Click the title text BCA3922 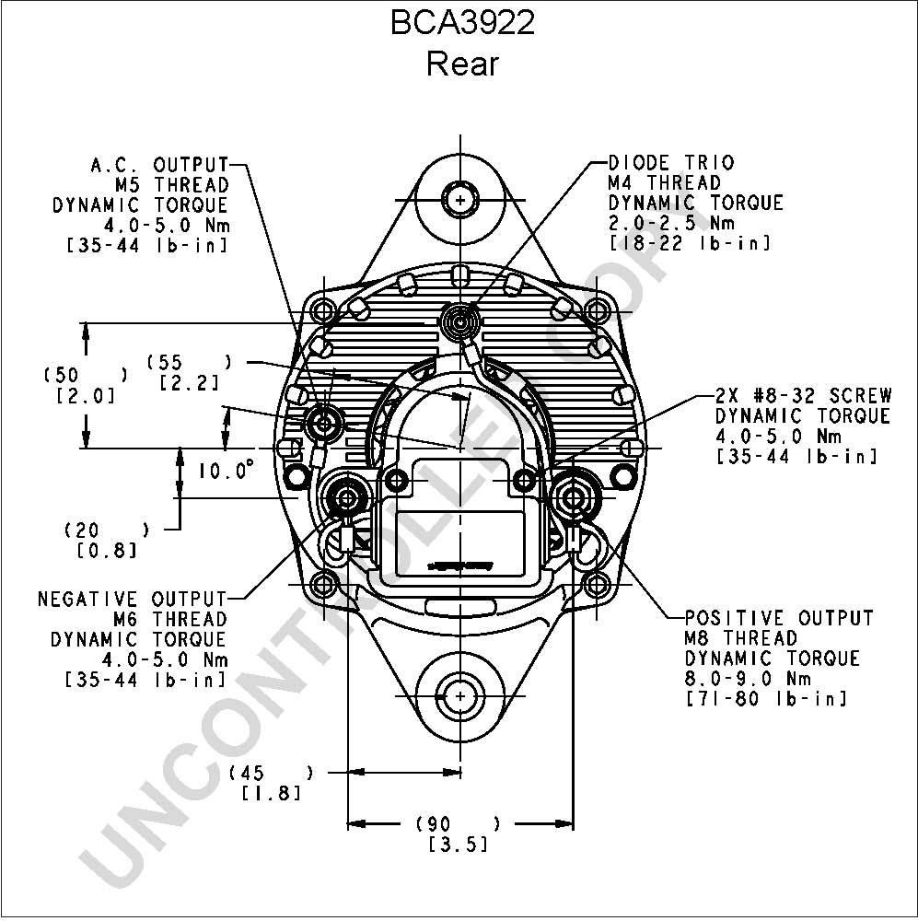point(462,24)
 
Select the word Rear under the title point(462,64)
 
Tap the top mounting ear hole point(459,200)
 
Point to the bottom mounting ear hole point(459,696)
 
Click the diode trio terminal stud point(459,321)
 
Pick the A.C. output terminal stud point(322,423)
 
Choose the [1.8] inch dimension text point(272,793)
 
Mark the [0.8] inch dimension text point(107,551)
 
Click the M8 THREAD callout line point(740,638)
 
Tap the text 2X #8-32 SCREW point(804,395)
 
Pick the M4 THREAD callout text point(664,182)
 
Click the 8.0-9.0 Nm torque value point(748,679)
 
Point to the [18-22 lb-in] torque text point(690,243)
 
